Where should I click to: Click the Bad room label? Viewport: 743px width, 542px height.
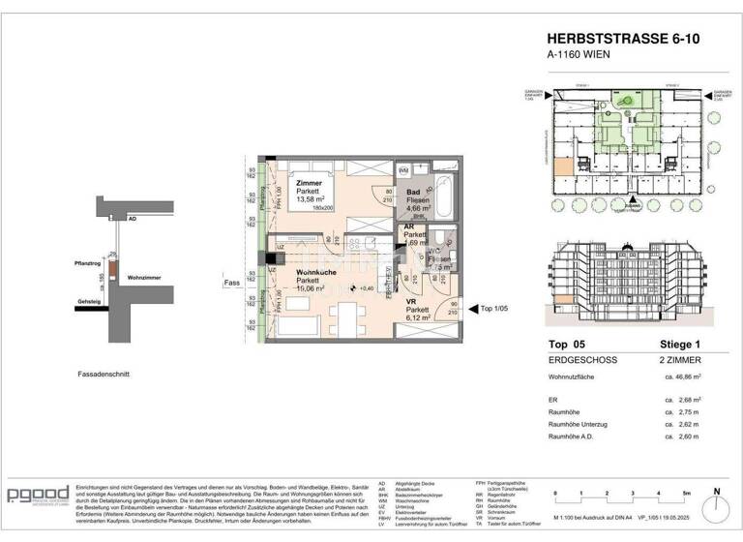[x=413, y=194]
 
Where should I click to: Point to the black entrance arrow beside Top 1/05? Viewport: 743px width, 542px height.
[x=473, y=309]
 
